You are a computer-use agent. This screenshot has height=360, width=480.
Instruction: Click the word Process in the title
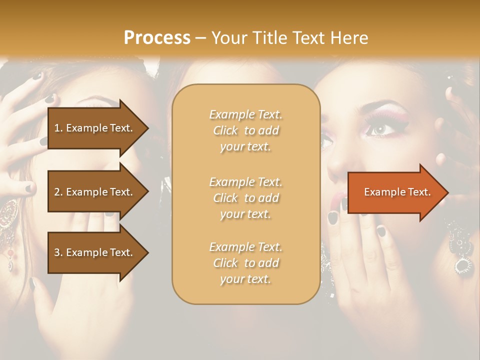tap(157, 37)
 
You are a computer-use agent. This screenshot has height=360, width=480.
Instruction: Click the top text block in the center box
tap(245, 130)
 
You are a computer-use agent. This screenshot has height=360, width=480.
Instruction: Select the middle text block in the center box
tap(245, 198)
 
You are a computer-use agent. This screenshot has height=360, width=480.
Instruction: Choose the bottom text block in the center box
tap(245, 263)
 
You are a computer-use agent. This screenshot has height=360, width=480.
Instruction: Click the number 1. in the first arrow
tap(58, 128)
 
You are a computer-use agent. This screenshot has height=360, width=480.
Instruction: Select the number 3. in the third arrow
tap(58, 252)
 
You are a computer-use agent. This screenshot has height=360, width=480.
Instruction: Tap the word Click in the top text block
tap(225, 130)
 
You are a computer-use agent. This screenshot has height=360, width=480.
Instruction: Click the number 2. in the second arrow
tap(58, 192)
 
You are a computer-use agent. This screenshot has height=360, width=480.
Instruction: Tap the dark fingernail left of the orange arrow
tap(332, 217)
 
